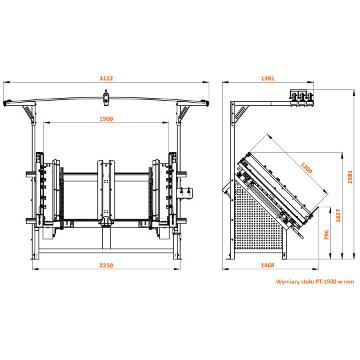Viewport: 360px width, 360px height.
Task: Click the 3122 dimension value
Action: coord(106,78)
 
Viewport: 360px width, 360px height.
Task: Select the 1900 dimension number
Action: coord(106,119)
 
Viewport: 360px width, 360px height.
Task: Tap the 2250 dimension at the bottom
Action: coord(106,265)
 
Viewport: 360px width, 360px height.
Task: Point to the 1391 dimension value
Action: coord(268,78)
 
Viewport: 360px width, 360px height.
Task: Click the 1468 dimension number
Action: coord(267,265)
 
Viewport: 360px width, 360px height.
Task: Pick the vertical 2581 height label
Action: coord(350,177)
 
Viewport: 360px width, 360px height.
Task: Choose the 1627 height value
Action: coord(338,215)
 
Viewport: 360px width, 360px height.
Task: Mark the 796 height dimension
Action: coord(326,235)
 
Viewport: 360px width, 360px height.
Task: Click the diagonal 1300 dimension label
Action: coord(307,168)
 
